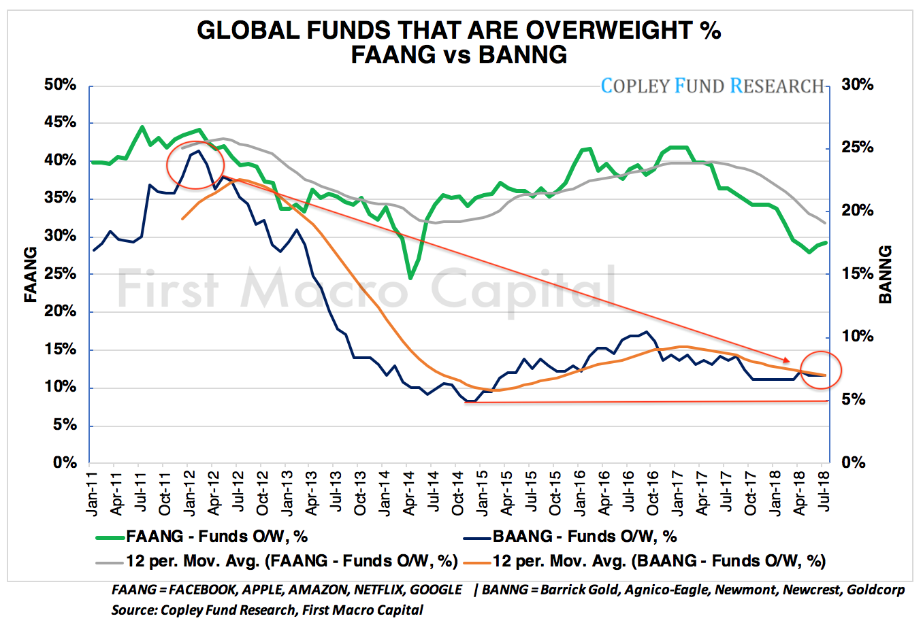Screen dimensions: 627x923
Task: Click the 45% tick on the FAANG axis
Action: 60,123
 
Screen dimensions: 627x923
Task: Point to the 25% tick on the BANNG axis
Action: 857,148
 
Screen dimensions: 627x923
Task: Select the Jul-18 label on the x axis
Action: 823,484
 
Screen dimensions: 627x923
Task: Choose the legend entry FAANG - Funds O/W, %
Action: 216,537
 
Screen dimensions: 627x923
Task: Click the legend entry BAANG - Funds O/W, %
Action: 584,537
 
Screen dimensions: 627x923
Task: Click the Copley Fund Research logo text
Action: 712,86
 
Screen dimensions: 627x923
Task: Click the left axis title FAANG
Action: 31,274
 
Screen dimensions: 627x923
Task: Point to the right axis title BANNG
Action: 884,274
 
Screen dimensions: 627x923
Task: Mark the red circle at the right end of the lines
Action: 821,370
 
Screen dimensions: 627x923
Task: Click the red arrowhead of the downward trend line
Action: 787,360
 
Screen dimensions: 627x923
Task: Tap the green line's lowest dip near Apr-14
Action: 410,277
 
